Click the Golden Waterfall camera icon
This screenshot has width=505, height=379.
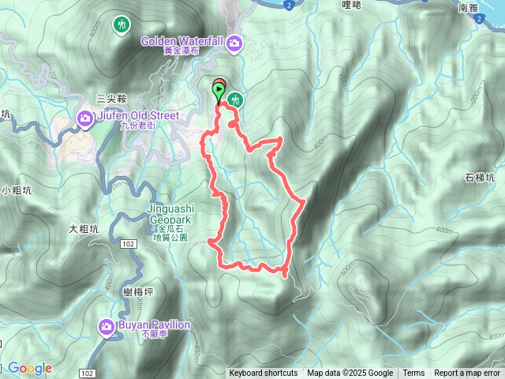pos(234,42)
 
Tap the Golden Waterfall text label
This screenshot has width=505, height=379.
pos(185,41)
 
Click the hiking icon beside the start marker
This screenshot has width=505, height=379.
pos(234,99)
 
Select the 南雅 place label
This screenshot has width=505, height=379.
pos(468,8)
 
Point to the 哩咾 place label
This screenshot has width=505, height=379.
pos(351,6)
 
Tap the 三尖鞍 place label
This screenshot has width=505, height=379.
pos(110,99)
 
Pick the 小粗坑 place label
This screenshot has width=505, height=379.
pos(17,190)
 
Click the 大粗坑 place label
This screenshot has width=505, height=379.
pos(84,230)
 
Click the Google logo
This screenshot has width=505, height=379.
pos(30,369)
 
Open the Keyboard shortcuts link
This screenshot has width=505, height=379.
pos(264,373)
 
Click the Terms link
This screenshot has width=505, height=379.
pos(413,373)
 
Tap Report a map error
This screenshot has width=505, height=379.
pos(467,373)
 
